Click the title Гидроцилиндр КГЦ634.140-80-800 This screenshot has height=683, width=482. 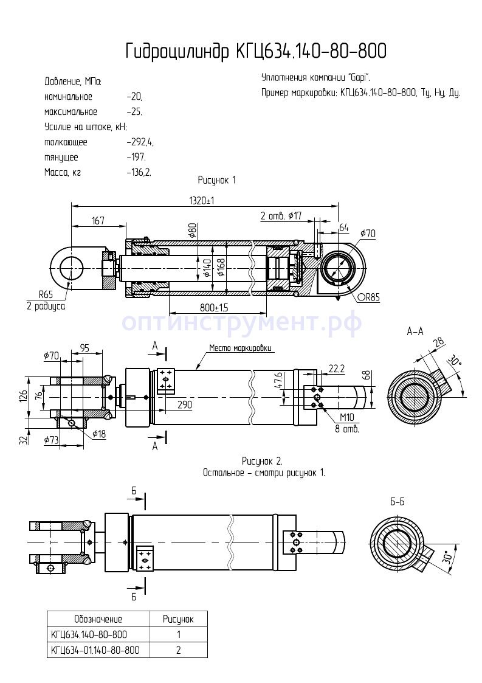(255, 52)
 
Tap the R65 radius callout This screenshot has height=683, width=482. (46, 294)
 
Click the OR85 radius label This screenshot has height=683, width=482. (368, 297)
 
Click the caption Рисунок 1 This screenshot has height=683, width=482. (216, 180)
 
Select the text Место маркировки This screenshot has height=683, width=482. (241, 348)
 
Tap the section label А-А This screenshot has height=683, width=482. (415, 331)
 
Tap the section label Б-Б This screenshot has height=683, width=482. (398, 502)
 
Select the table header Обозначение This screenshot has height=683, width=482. (98, 619)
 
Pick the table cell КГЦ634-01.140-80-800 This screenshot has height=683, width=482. (95, 650)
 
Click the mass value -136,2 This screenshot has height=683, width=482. (139, 172)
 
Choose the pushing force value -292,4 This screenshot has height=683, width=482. (140, 142)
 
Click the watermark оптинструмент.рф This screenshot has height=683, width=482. (242, 322)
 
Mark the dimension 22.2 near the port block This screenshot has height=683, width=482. (337, 369)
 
